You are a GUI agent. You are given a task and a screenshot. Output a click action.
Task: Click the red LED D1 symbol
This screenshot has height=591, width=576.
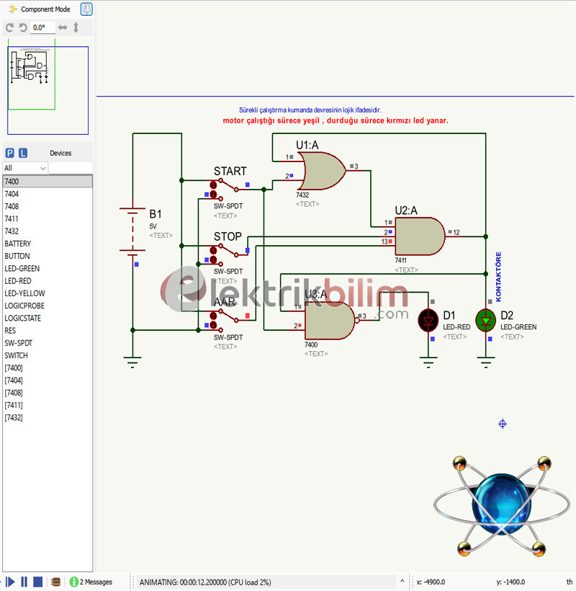tap(429, 319)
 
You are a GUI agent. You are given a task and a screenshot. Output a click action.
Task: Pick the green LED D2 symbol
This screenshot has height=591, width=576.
tap(486, 319)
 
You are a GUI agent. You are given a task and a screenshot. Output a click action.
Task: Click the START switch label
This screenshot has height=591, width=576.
tap(230, 172)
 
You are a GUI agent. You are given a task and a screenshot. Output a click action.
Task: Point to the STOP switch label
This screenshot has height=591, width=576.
tap(228, 236)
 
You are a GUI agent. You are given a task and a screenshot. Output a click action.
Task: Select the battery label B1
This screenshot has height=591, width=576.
tap(156, 214)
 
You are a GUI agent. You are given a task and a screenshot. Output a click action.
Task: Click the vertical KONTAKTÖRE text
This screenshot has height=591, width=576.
tap(498, 277)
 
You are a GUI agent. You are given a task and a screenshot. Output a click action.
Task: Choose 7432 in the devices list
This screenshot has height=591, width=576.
tap(12, 231)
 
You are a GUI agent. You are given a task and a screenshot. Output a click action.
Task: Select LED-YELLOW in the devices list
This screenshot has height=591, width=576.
tap(24, 293)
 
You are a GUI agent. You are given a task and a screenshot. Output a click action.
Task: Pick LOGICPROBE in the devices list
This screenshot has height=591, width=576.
tap(24, 306)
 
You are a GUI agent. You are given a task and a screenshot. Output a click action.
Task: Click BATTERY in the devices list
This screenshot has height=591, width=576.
tap(17, 244)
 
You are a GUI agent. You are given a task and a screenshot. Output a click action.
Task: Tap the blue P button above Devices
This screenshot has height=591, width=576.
tap(9, 153)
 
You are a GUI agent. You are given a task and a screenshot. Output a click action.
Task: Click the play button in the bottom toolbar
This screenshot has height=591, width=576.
tap(11, 582)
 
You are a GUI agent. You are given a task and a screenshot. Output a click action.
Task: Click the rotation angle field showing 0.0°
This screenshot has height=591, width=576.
tap(42, 27)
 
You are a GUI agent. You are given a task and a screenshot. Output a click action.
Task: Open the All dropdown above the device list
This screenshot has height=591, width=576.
tap(25, 168)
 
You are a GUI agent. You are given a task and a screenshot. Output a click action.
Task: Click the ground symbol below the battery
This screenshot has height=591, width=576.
tap(132, 363)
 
